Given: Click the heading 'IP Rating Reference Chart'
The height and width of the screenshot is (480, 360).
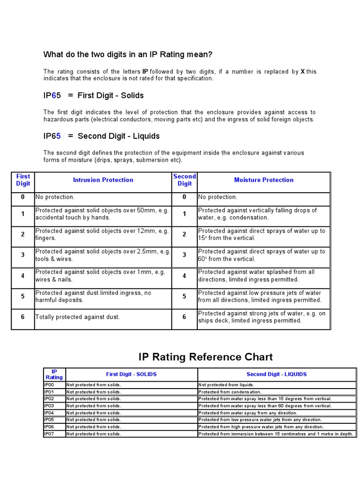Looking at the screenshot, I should tap(205, 357).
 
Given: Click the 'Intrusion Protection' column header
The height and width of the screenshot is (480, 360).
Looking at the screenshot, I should tap(103, 180).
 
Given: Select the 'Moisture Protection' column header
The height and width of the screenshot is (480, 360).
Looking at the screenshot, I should tap(263, 180).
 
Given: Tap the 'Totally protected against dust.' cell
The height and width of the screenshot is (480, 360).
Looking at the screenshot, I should tap(78, 317).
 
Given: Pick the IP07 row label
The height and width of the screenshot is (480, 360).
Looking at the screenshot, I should tap(49, 434).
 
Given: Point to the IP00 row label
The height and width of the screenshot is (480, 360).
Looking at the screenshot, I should tap(49, 385).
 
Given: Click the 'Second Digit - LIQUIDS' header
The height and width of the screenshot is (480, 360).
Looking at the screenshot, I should tap(277, 375).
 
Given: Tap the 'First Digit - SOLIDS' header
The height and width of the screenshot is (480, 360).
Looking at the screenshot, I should tap(131, 375).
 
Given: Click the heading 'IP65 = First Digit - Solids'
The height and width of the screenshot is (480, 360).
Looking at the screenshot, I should tap(94, 96).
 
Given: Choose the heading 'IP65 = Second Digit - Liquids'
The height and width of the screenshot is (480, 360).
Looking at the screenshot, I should tap(102, 136).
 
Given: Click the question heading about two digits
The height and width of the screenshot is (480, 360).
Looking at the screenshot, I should tap(128, 55).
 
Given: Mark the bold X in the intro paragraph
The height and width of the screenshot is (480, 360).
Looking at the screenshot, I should tap(302, 72).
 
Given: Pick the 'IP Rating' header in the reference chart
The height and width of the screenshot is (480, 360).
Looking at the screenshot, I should tap(54, 375).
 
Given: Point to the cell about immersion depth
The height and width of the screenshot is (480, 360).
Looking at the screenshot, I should tap(276, 434).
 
